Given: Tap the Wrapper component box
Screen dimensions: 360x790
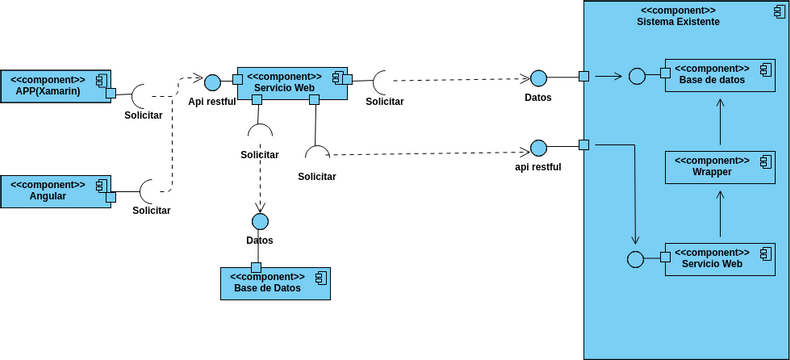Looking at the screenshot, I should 720,166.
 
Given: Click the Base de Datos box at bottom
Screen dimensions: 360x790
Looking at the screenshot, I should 274,284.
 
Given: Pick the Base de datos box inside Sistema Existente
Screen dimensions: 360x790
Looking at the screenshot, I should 720,75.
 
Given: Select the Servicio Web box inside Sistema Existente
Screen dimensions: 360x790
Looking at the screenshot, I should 720,258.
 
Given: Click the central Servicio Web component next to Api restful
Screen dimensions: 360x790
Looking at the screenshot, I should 291,83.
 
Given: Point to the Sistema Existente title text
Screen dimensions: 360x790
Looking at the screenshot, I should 677,22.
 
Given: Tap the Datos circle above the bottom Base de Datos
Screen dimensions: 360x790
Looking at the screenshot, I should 260,221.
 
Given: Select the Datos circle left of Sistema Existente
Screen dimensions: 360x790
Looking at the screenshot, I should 538,78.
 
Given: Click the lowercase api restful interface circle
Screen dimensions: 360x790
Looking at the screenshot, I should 538,148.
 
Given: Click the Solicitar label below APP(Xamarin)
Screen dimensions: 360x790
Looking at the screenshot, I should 143,116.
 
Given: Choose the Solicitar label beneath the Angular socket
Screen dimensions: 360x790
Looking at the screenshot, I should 151,210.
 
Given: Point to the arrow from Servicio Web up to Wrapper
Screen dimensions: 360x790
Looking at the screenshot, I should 720,212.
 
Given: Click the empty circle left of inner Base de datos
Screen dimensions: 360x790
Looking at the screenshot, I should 636,76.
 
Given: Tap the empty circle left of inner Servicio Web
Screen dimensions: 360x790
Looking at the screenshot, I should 634,259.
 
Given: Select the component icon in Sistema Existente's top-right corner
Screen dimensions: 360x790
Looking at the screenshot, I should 777,12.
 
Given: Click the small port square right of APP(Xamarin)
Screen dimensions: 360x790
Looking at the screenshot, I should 112,93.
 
